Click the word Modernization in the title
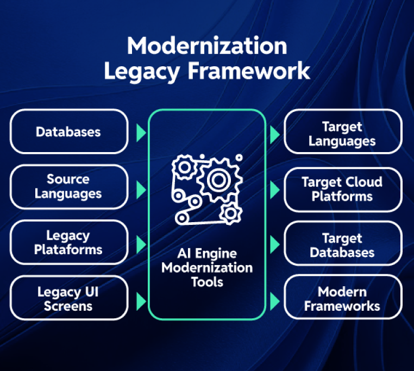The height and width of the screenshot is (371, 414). pos(207,47)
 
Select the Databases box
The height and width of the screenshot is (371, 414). pos(68,131)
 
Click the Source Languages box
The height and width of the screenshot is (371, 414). pos(68,186)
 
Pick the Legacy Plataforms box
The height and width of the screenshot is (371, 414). pos(68,242)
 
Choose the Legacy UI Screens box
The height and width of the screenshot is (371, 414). pos(68,298)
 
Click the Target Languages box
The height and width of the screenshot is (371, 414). pos(342,134)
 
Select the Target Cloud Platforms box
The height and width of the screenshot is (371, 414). pos(342,189)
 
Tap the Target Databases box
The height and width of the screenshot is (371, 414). pos(342,246)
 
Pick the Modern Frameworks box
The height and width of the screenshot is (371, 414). pos(342,299)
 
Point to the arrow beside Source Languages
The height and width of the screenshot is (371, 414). pos(141,190)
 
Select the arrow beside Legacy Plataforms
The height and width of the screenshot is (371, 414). pos(141,244)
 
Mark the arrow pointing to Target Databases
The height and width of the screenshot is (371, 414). pos(275,244)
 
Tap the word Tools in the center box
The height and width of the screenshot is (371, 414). pos(207,282)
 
